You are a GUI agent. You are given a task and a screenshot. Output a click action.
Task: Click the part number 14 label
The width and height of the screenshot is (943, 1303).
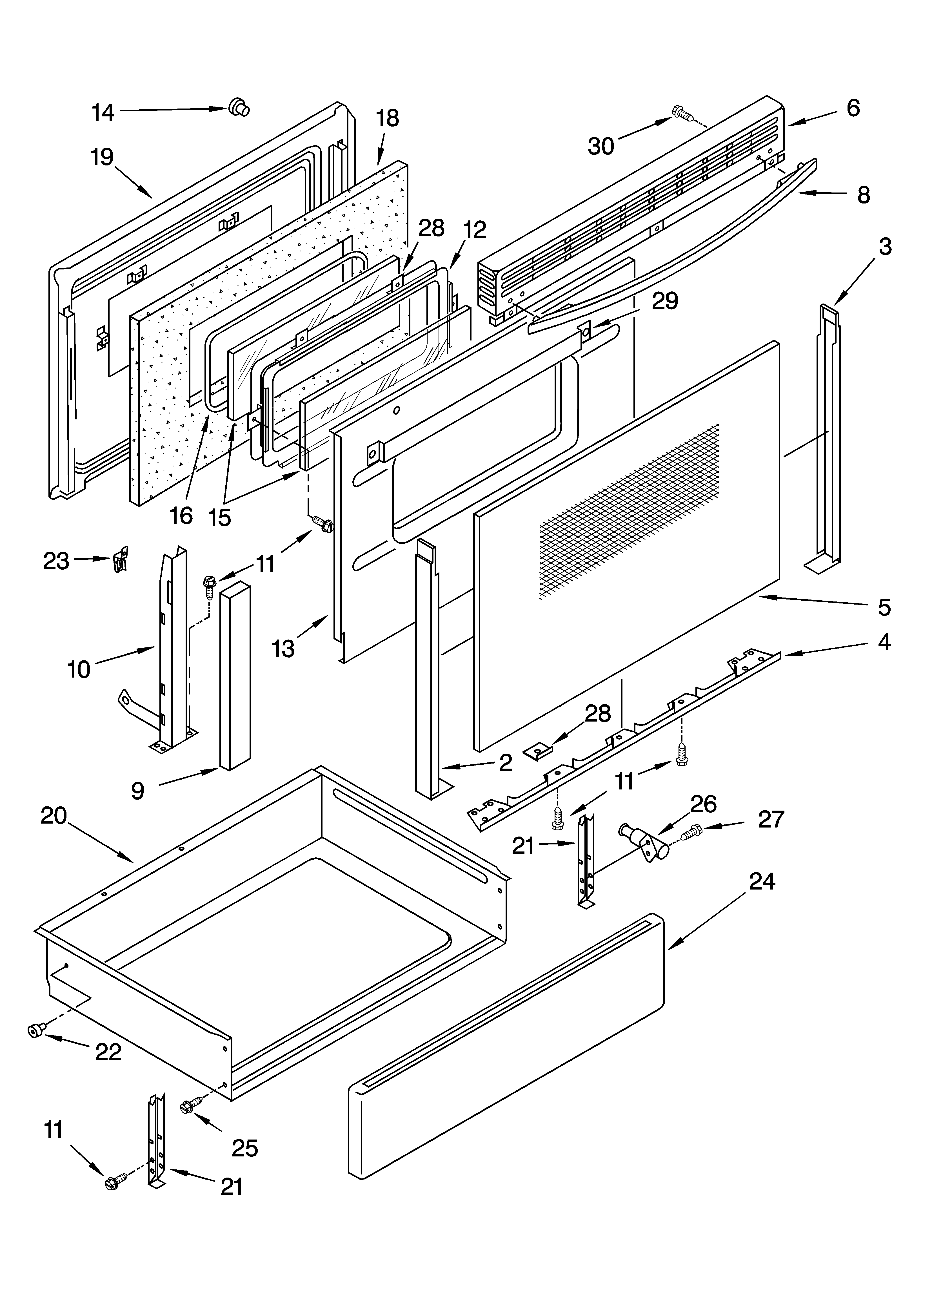pyautogui.click(x=103, y=113)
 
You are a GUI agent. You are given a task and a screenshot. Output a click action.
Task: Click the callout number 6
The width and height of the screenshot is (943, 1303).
pyautogui.click(x=853, y=108)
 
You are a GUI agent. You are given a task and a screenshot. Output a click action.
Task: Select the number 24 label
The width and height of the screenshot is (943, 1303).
pyautogui.click(x=762, y=881)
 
